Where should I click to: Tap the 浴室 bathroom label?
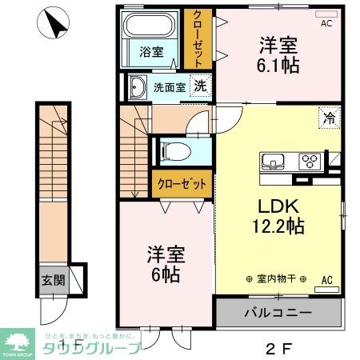click(152, 53)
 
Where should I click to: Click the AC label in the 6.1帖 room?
click(326, 24)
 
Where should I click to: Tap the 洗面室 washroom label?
click(170, 87)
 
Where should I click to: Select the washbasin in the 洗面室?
click(136, 87)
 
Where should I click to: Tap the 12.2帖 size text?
click(278, 226)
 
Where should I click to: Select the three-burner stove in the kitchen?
click(308, 162)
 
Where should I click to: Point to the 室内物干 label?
click(274, 278)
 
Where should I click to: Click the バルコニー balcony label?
click(278, 312)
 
